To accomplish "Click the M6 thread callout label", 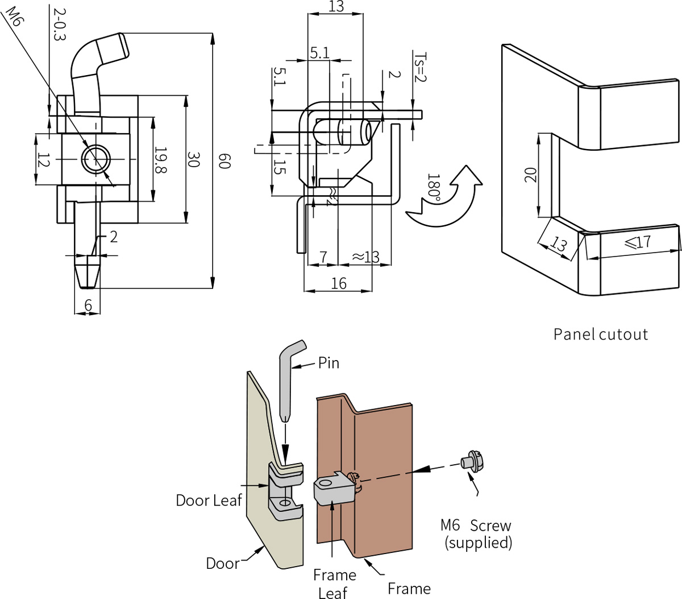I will pos(13,20).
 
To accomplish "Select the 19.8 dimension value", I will pos(161,160).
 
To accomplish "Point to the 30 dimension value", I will pos(193,160).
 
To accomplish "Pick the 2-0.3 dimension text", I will pos(60,24).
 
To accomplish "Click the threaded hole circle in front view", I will pos(96,158).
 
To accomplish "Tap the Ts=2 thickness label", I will pos(419,67).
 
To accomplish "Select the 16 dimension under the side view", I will pos(338,283).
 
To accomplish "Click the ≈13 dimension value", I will pos(365,257).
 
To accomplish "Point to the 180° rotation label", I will pos(434,188).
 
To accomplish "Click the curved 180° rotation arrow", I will pos(449,199).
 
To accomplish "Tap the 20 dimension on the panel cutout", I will pos(530,175).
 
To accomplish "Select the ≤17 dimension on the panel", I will pos(637,242).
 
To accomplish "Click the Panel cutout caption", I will pos(600,334).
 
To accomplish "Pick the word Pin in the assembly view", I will pos(328,363).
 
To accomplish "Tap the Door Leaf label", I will pos(209,500).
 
